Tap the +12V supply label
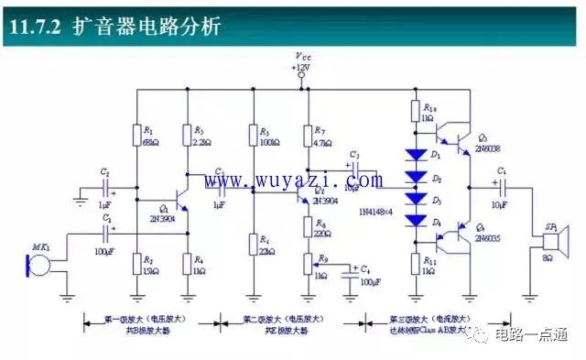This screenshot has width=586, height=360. point(301,69)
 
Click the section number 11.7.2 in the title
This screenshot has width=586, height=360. point(34,27)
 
